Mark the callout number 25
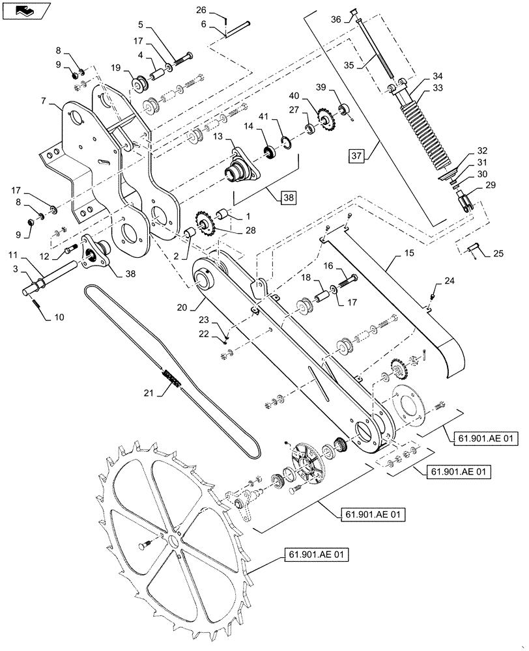pos(497,253)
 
